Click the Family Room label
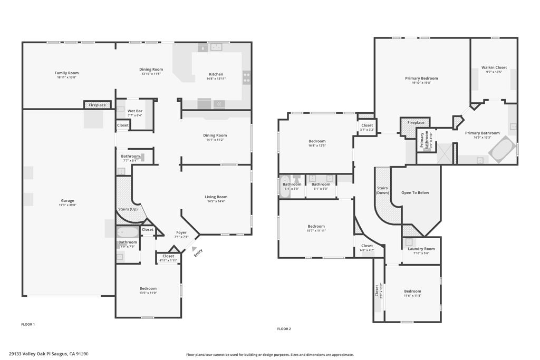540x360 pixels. (x=66, y=73)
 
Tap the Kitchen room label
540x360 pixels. (x=216, y=74)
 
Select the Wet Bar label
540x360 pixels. (x=134, y=111)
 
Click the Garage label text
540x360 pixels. (x=67, y=201)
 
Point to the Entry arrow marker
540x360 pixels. (x=195, y=250)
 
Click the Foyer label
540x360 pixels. (x=181, y=232)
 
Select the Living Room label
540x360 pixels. (x=216, y=197)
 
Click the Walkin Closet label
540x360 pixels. (x=494, y=67)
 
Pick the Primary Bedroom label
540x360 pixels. (x=421, y=79)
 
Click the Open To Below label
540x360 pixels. (x=415, y=192)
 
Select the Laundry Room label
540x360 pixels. (x=421, y=249)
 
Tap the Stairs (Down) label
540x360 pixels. (x=382, y=190)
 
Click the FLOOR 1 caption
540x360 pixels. (x=27, y=324)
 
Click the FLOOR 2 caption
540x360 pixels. (x=284, y=329)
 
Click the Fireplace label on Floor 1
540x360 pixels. (x=97, y=105)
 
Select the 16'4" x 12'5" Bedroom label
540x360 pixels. (x=317, y=141)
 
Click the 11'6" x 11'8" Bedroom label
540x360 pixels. (x=412, y=291)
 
